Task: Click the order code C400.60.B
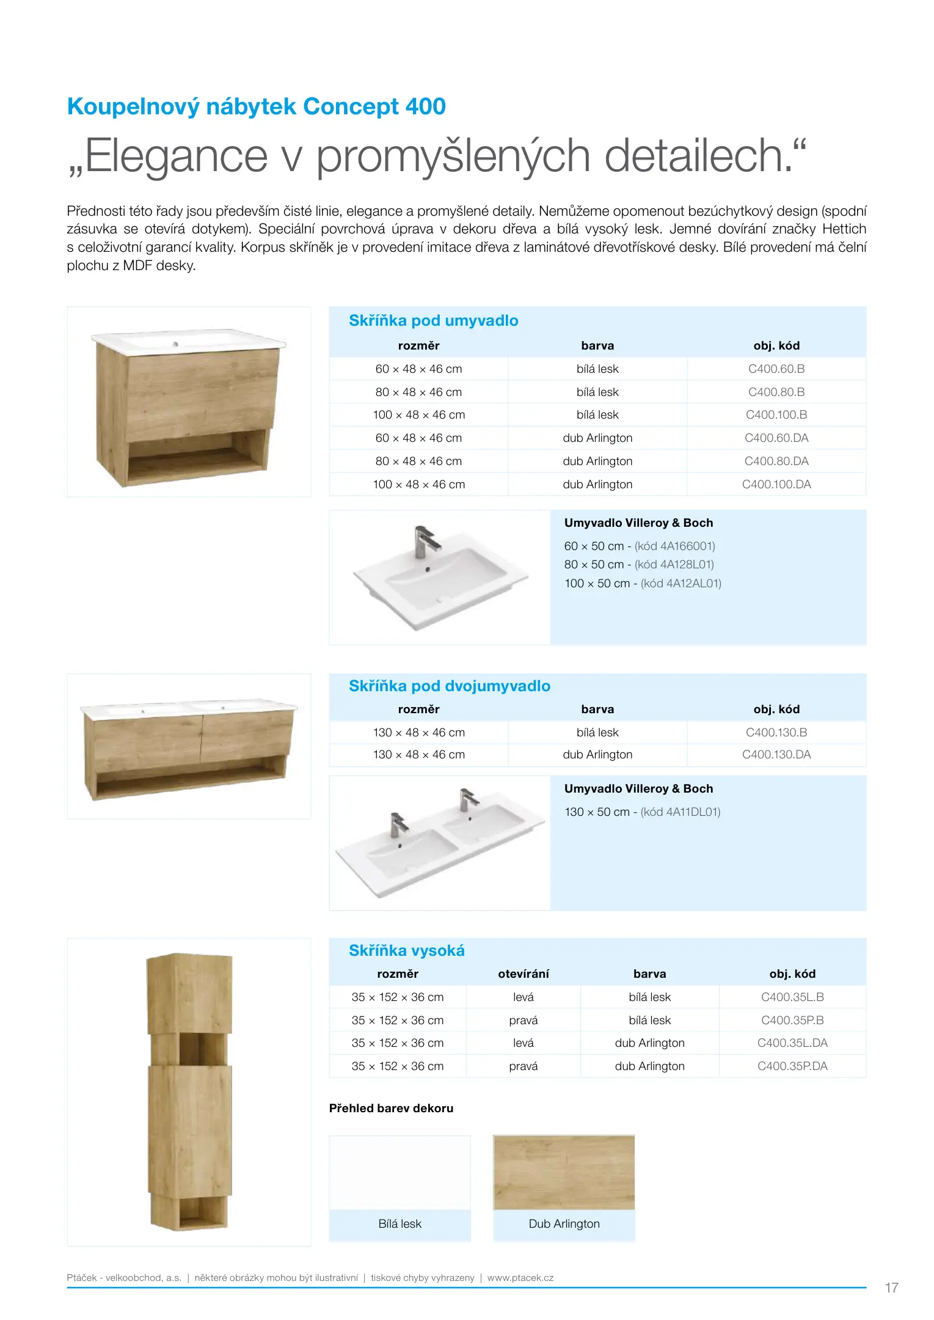coord(776,369)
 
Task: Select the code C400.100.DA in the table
coord(776,485)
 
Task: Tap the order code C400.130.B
coord(776,732)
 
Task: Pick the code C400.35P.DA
coord(792,1066)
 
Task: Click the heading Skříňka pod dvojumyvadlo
coord(449,686)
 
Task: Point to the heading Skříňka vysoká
coord(406,951)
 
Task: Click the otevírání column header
coord(523,974)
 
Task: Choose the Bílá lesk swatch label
coord(400,1224)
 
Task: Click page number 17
coord(891,1288)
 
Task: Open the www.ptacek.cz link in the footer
coord(520,1278)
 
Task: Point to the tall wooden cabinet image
coord(189,1091)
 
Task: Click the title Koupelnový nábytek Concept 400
coord(256,106)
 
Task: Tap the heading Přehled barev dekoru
coord(391,1109)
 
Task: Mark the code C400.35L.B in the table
coord(792,997)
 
